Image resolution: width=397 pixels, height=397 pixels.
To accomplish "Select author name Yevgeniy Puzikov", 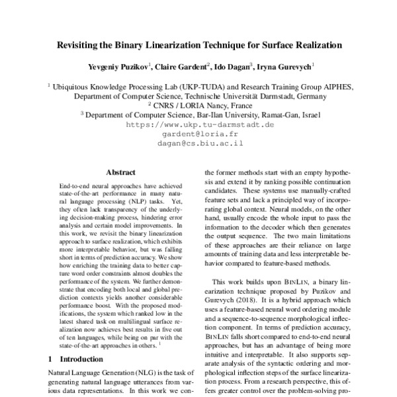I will click(x=115, y=67).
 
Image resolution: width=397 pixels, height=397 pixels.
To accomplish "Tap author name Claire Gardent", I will click(x=185, y=67).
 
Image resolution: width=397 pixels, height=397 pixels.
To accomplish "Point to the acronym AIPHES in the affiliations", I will click(x=334, y=86).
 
